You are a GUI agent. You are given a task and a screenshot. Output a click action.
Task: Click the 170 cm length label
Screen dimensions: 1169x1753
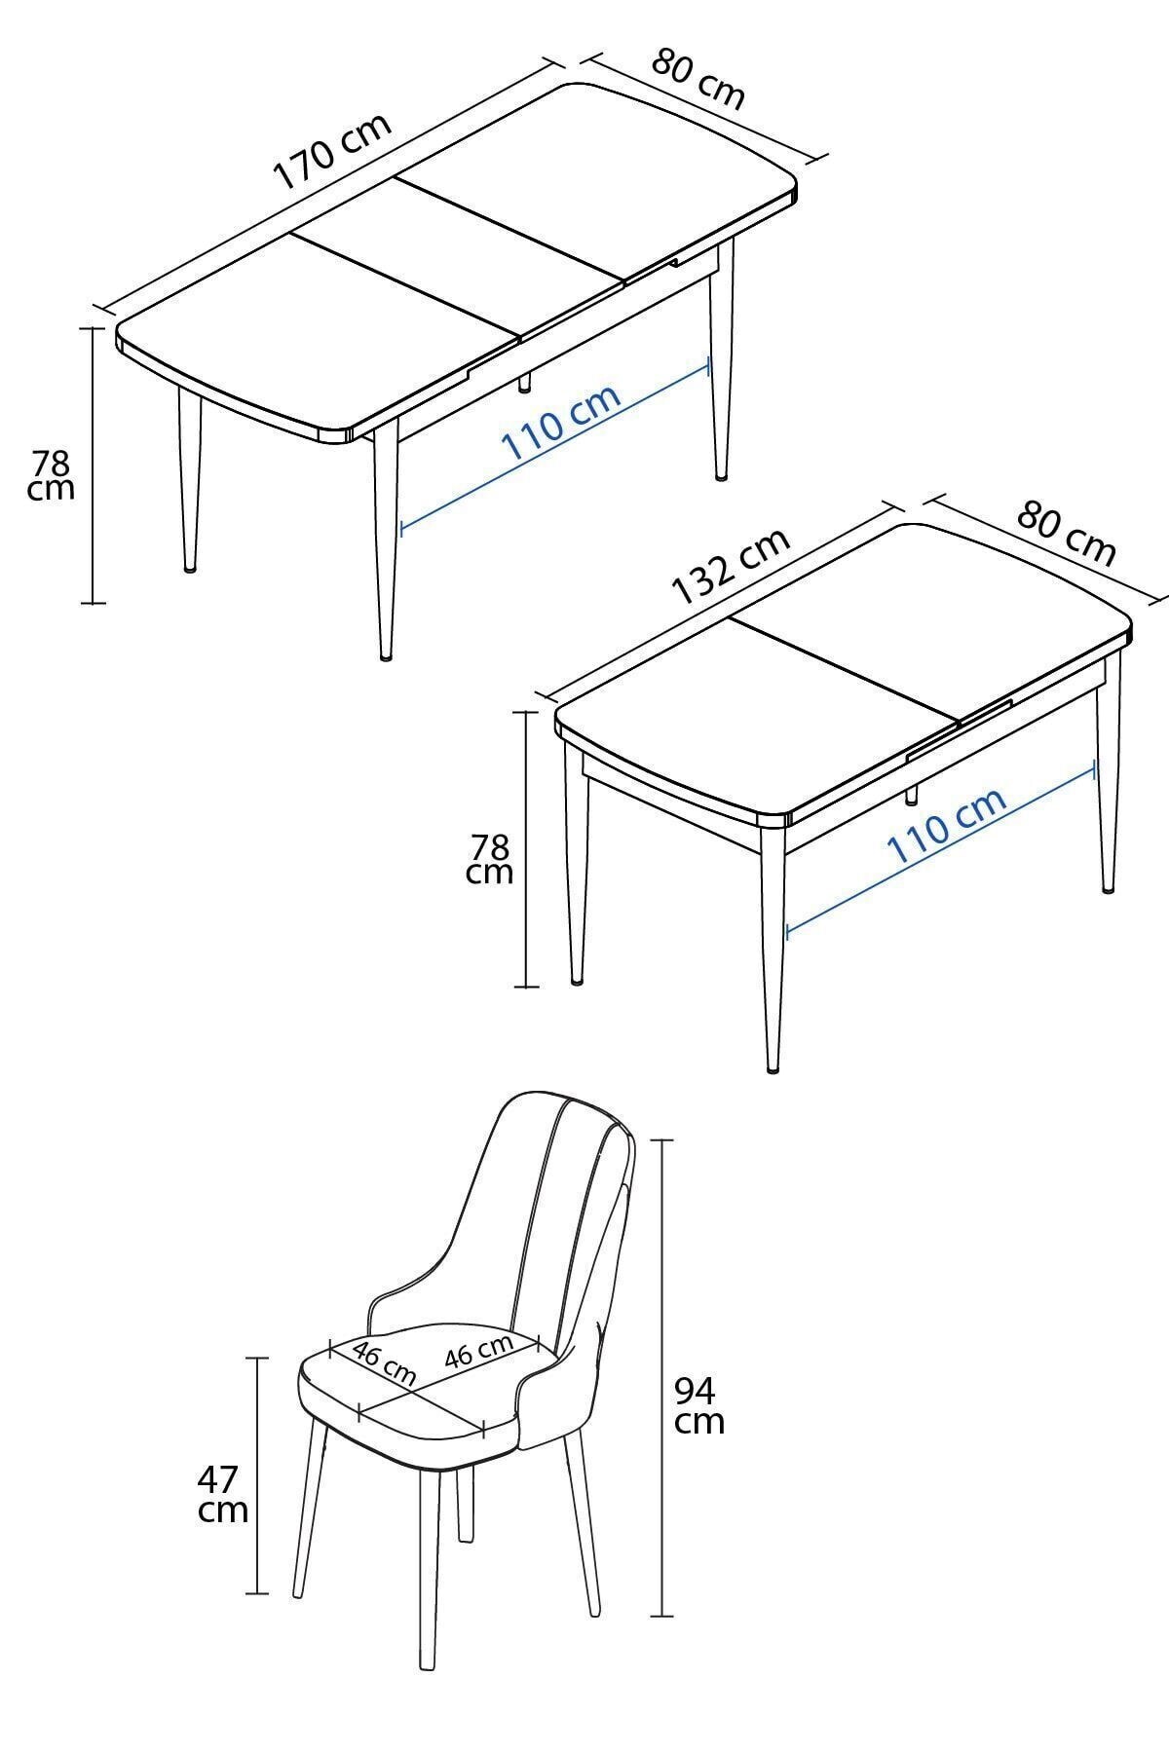point(333,151)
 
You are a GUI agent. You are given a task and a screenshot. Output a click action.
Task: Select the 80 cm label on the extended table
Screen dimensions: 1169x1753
point(698,79)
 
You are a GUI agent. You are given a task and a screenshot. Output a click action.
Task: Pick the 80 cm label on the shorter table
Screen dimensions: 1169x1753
point(1066,534)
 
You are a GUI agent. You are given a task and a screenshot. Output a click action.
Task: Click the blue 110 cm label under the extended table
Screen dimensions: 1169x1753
point(560,423)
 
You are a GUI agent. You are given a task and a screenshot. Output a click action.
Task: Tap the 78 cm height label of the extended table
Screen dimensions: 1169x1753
point(51,474)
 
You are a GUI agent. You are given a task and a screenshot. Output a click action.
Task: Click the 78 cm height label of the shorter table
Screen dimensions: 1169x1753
point(489,858)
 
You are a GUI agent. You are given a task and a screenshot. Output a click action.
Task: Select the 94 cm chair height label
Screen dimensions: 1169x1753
point(699,1405)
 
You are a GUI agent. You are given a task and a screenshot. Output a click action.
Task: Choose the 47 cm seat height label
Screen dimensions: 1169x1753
point(223,1495)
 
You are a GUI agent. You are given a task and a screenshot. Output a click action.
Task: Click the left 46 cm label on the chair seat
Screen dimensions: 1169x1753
point(384,1364)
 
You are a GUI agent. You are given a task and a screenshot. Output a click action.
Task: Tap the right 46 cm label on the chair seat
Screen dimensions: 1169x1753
point(479,1351)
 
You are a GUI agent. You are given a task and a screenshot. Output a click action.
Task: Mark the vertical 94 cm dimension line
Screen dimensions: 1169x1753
point(662,1378)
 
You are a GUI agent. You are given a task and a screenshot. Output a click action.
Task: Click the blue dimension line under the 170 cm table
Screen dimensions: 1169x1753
point(555,446)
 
